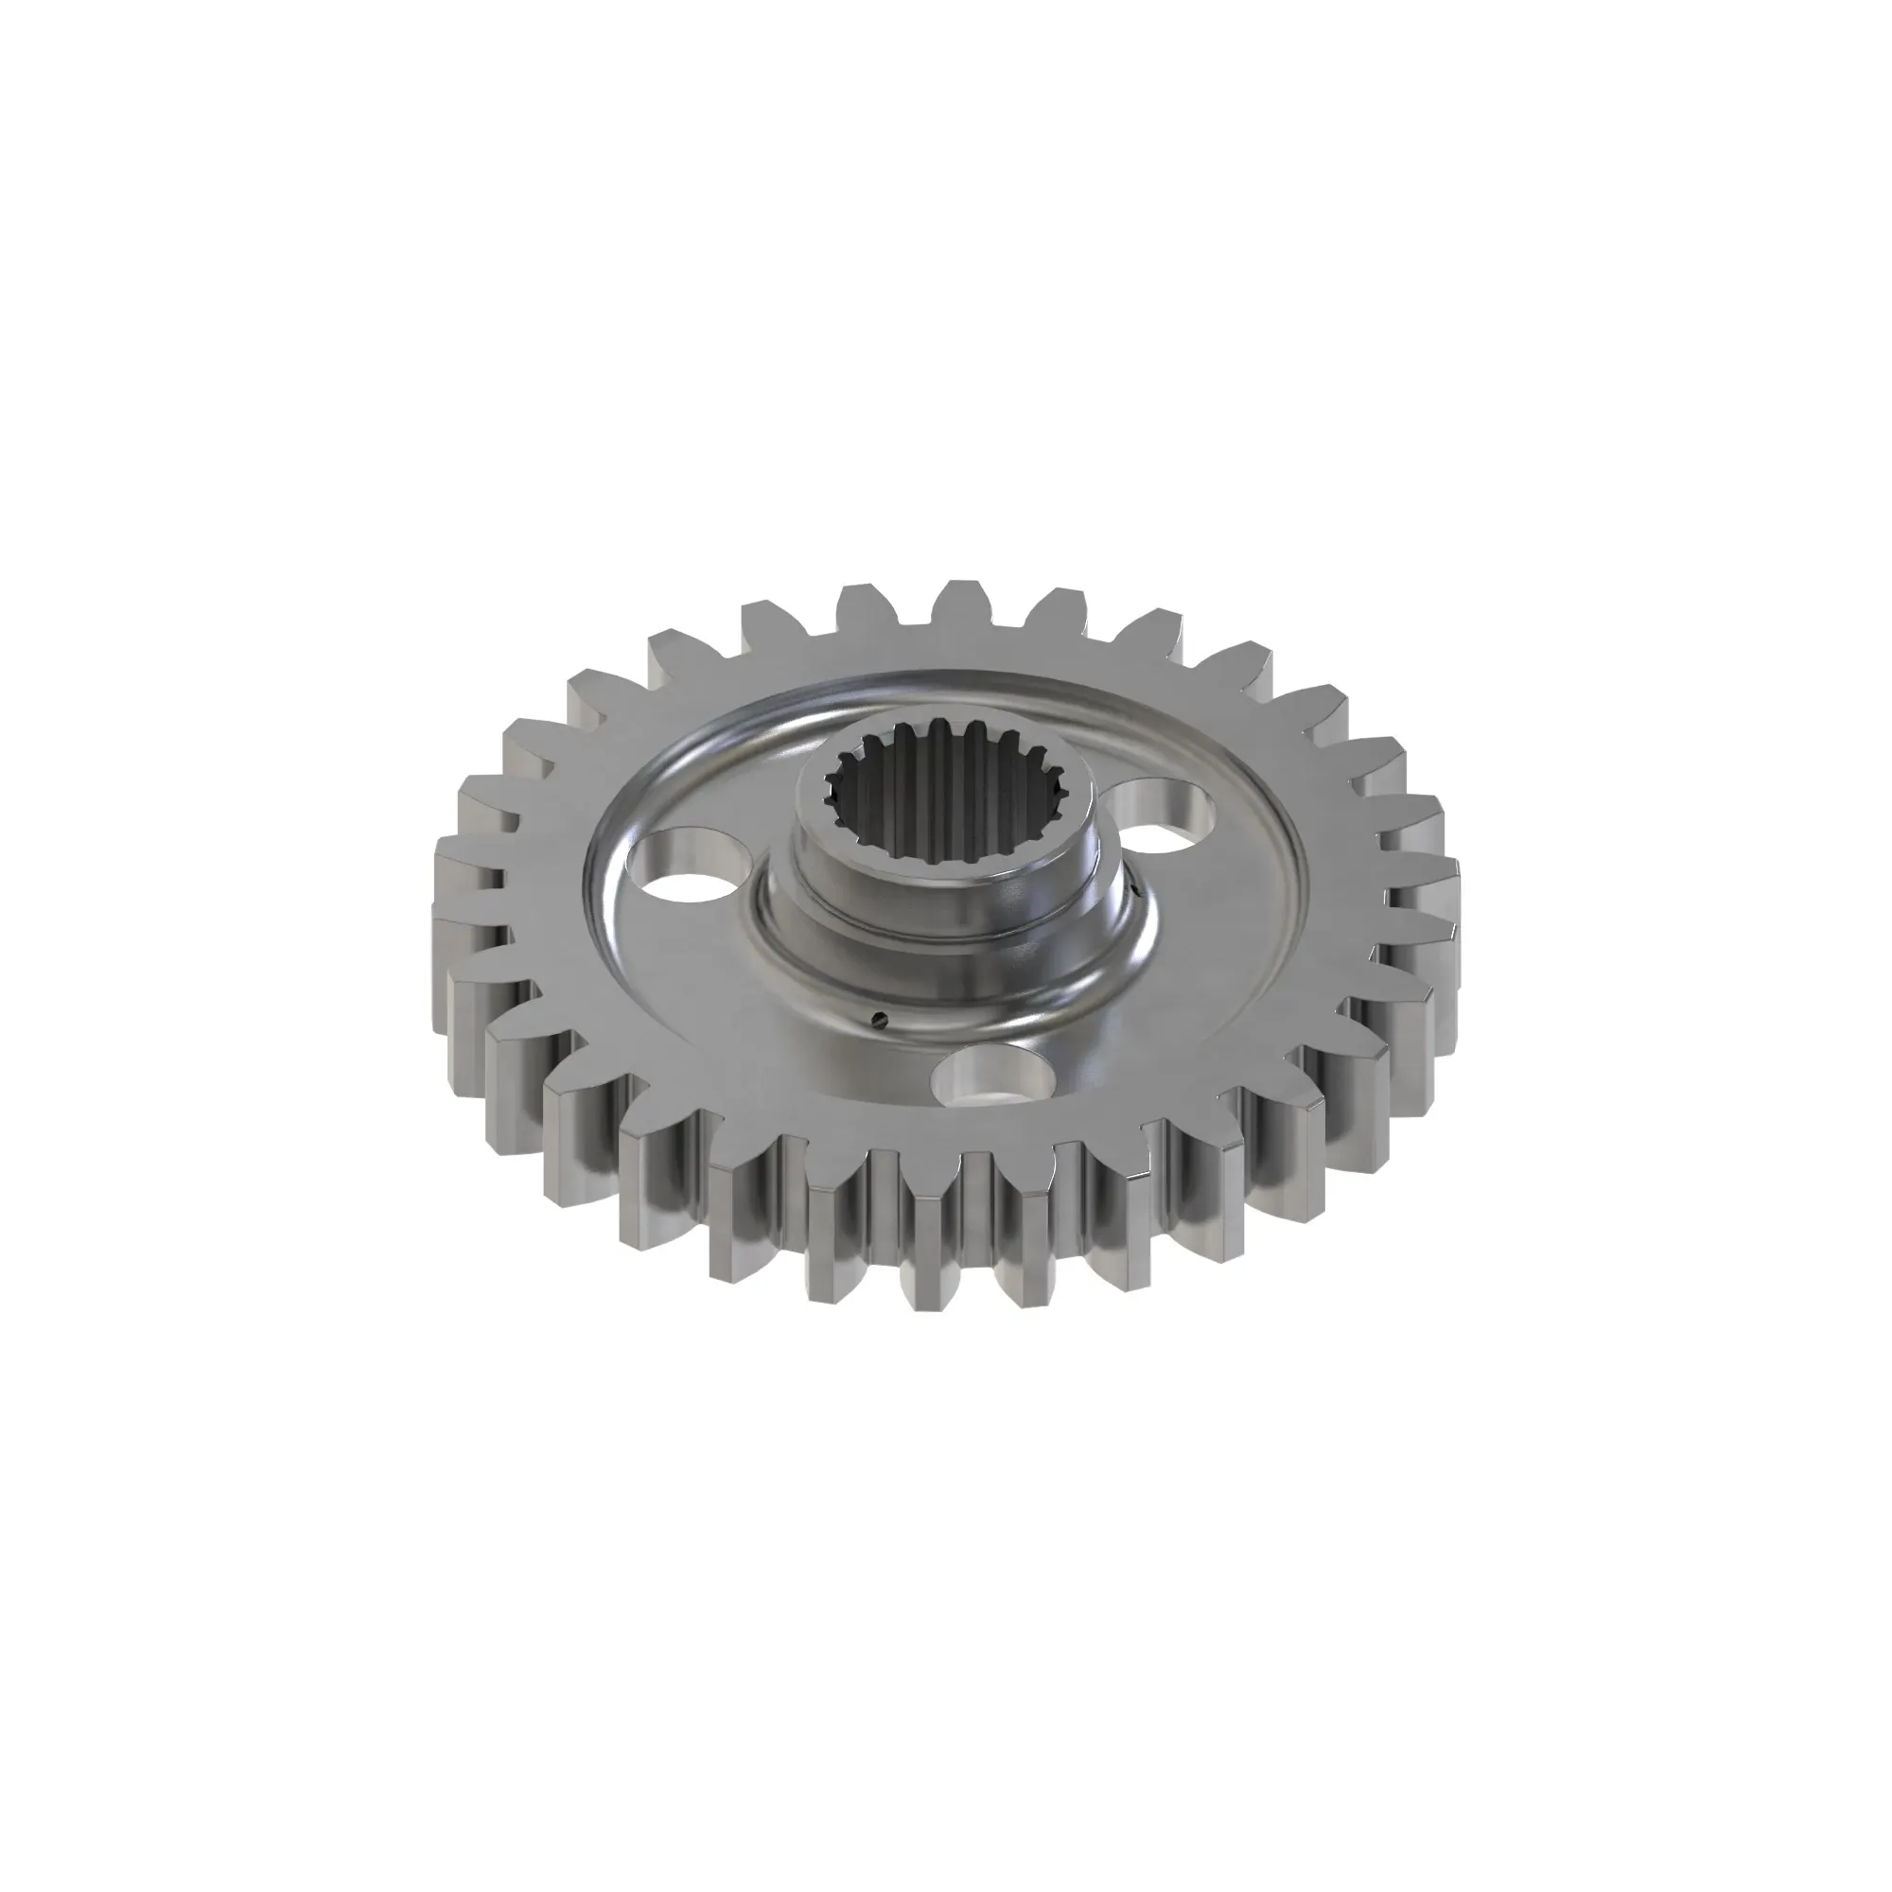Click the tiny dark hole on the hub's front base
(881, 1019)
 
